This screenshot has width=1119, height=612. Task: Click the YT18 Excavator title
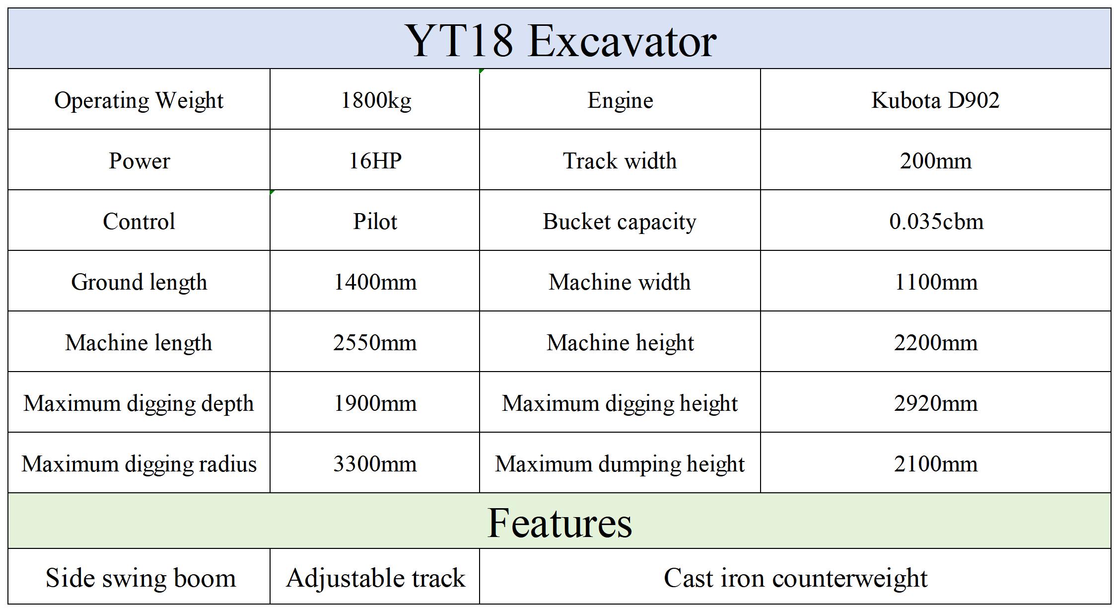click(x=561, y=41)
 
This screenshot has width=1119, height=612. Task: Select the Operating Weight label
click(x=139, y=101)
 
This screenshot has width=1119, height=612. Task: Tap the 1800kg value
click(x=376, y=101)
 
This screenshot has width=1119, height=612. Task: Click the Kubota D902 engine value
click(x=935, y=100)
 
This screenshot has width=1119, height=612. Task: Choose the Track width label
click(x=620, y=161)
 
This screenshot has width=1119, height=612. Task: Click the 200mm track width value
click(x=936, y=161)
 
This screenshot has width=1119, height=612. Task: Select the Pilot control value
click(x=375, y=222)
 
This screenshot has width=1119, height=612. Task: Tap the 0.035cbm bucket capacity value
click(x=936, y=222)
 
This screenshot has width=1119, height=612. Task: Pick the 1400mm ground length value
click(x=375, y=282)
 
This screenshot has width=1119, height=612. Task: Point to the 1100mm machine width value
click(x=936, y=282)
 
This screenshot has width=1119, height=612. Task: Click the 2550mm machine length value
click(x=375, y=343)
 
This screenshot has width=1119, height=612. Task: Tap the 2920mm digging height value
click(x=936, y=403)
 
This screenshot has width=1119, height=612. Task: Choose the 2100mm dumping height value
click(x=936, y=464)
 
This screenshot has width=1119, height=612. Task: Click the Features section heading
click(x=559, y=523)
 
